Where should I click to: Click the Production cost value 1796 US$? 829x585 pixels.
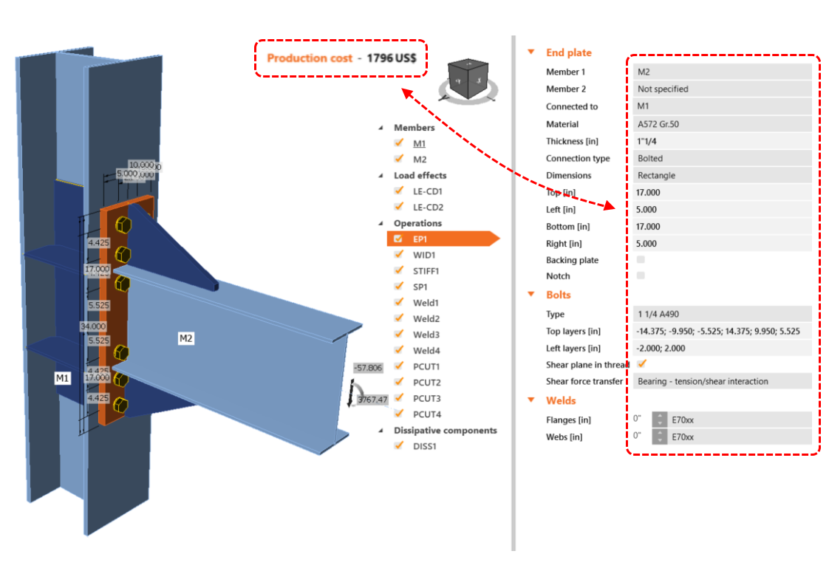pos(396,58)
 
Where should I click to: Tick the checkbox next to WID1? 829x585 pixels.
pos(399,255)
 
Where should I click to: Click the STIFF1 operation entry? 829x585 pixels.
pos(427,271)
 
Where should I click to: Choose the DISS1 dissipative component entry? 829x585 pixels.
pos(424,446)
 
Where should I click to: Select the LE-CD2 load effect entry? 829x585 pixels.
pos(428,208)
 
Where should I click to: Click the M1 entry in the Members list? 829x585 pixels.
pos(419,143)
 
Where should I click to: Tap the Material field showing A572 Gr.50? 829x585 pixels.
pos(723,124)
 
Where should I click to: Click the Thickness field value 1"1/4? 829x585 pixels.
pos(723,141)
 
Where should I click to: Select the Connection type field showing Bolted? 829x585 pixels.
pos(723,158)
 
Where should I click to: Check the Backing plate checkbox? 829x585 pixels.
pos(641,260)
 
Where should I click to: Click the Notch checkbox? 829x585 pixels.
pos(641,276)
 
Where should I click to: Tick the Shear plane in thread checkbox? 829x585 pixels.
pos(641,363)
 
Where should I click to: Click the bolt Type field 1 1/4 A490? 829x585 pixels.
pos(723,314)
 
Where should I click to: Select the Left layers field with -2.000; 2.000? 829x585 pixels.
pos(723,348)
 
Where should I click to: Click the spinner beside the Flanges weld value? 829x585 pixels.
pos(658,420)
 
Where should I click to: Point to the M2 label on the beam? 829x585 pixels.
pos(186,338)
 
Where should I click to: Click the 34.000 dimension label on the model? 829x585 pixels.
pos(94,326)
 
